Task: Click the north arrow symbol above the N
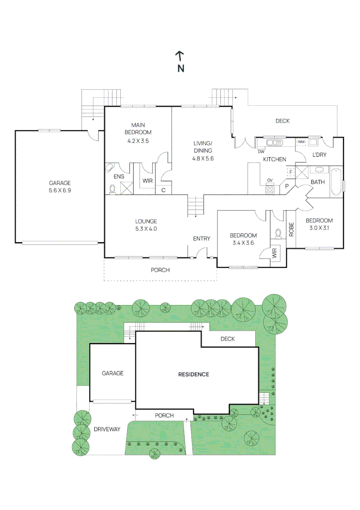click(180, 56)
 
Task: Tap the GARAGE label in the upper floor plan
click(60, 183)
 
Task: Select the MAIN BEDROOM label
click(138, 128)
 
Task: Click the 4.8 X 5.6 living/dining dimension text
click(203, 159)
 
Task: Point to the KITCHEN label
click(274, 160)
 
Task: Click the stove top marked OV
click(270, 189)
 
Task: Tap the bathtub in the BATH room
click(335, 182)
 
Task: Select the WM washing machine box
click(301, 142)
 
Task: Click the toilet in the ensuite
click(112, 189)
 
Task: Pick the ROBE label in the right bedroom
click(291, 229)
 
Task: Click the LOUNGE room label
click(146, 221)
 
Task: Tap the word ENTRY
click(201, 238)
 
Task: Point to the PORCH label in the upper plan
click(160, 270)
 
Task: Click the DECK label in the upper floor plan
click(283, 121)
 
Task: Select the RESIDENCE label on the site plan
click(193, 374)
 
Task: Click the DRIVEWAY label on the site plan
click(107, 429)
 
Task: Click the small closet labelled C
click(163, 190)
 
